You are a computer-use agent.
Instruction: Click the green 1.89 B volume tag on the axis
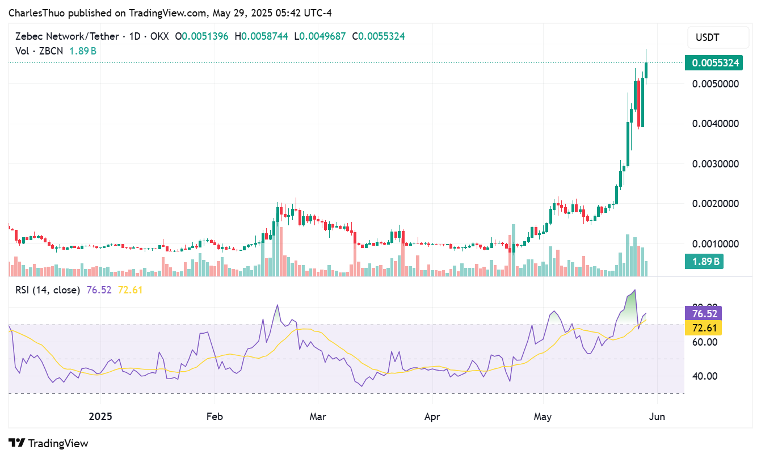[x=706, y=262]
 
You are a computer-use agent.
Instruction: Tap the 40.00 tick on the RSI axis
[x=704, y=376]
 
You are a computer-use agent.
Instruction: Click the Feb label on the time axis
[x=215, y=416]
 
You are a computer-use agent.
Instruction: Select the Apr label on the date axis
[x=432, y=416]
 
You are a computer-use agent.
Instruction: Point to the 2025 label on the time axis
[x=101, y=416]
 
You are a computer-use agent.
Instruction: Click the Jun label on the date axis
[x=657, y=416]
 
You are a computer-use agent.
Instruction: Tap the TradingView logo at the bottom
[x=49, y=443]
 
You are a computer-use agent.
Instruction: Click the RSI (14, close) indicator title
[x=48, y=290]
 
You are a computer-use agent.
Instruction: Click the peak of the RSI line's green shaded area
[x=634, y=291]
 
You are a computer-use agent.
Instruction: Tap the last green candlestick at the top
[x=646, y=70]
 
